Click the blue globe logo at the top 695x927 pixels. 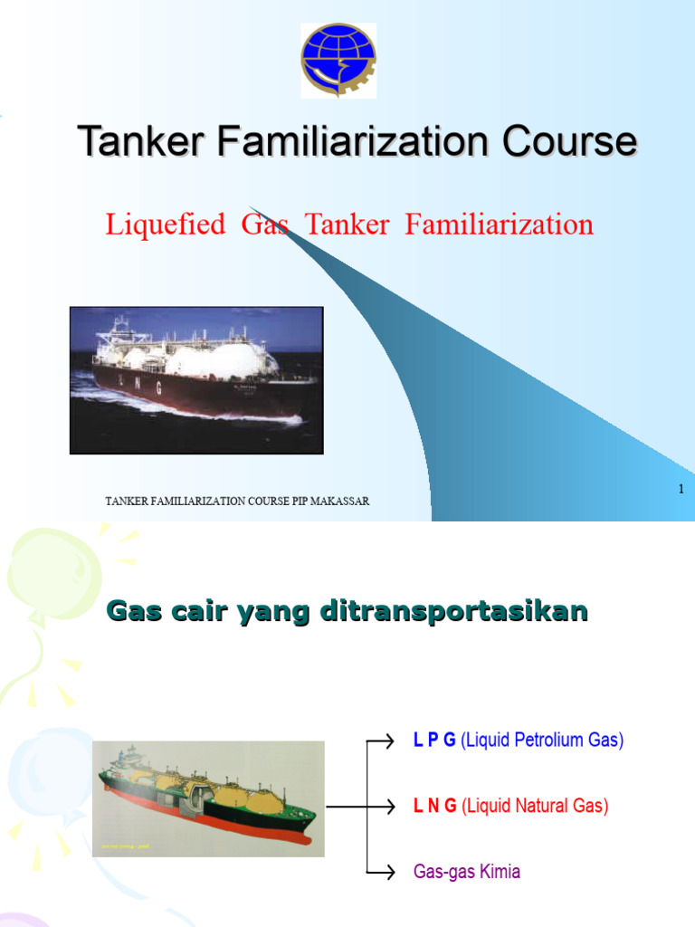tap(338, 59)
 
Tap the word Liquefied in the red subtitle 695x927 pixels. tap(166, 224)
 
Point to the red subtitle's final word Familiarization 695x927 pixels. tap(500, 224)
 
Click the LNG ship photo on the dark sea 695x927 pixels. tap(196, 379)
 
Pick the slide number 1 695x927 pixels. tap(681, 490)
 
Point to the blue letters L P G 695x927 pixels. tap(434, 741)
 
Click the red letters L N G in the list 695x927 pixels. tap(434, 806)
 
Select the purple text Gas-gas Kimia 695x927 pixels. tap(467, 872)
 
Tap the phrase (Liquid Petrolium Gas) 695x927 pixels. tap(542, 741)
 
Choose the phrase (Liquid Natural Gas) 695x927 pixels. tap(535, 806)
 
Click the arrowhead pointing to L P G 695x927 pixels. tap(390, 741)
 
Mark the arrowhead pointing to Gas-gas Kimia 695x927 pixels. tap(390, 872)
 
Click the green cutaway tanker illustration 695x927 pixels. tap(209, 794)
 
